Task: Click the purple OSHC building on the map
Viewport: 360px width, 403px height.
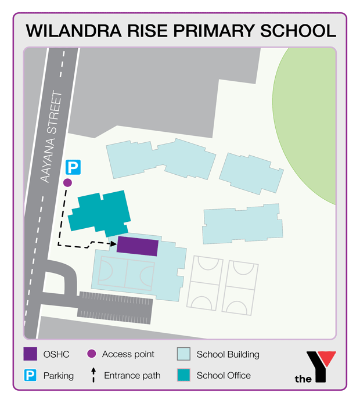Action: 138,246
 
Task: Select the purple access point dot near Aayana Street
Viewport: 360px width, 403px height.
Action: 67,182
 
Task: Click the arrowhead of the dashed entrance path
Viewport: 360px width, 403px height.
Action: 114,243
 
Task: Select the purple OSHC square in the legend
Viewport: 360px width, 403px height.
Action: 31,354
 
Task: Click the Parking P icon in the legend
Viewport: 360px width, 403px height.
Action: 31,375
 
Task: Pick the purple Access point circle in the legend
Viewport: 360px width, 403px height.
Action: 91,354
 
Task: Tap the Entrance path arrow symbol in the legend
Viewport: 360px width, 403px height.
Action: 92,375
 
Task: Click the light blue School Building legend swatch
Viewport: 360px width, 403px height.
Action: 183,354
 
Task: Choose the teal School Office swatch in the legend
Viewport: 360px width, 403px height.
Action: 183,375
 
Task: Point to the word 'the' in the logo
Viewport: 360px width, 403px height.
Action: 303,379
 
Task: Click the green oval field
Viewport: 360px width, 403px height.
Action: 308,122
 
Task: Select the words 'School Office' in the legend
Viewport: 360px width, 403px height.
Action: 224,375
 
